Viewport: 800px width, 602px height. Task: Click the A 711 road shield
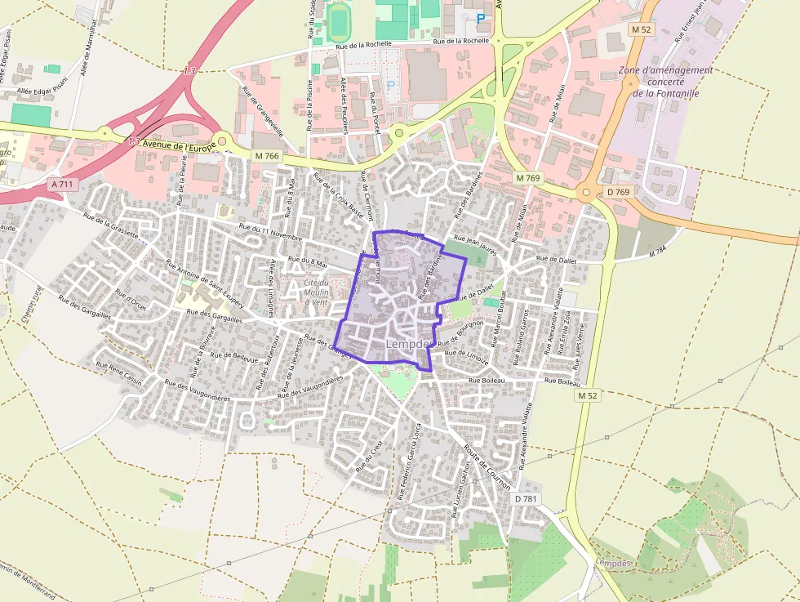point(62,185)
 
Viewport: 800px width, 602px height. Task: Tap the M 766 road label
point(267,156)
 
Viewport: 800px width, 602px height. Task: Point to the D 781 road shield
point(525,497)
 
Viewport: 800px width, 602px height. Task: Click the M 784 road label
point(658,252)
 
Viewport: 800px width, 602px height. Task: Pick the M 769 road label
point(528,177)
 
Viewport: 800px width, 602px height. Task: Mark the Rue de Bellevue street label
point(234,356)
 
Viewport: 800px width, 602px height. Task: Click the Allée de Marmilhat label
point(88,47)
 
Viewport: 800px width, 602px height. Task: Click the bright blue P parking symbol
point(481,17)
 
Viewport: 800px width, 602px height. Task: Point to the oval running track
point(339,20)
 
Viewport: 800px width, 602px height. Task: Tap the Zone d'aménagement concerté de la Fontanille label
point(665,81)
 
